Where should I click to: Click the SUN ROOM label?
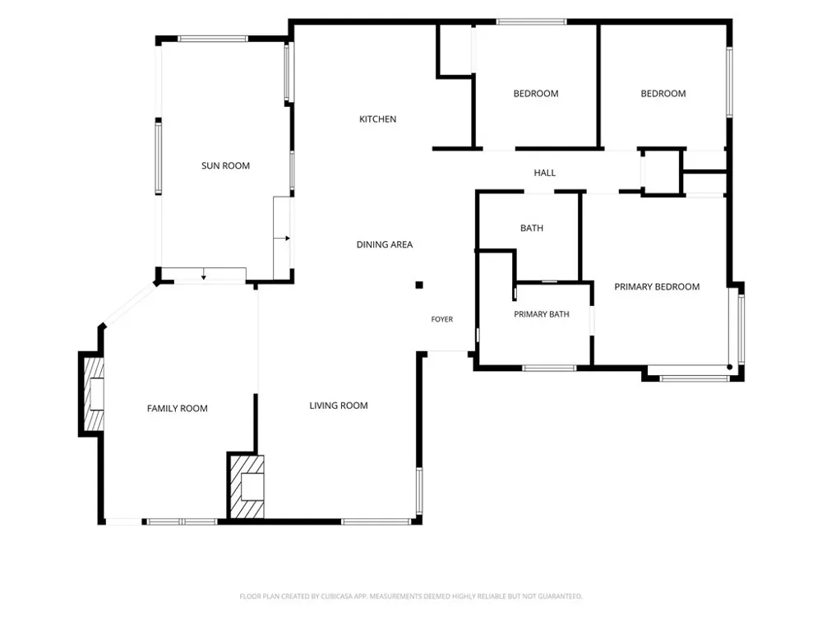225,166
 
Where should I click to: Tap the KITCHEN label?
377,119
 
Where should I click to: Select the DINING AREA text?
384,244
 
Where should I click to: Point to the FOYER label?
442,319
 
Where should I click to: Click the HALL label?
545,173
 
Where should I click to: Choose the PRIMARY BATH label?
542,314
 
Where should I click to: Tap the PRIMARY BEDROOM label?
657,287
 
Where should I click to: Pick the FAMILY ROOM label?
178,409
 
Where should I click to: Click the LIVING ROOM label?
339,406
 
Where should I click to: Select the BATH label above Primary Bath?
532,228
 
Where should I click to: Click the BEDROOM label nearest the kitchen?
536,94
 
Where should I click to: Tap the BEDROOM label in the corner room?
663,94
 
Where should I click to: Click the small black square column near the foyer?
419,285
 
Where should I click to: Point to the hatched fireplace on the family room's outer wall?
95,393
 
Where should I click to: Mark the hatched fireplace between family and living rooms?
247,486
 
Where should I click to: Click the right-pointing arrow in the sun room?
282,239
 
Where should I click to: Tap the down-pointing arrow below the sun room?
204,274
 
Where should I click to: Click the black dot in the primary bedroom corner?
730,367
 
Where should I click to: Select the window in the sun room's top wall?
213,39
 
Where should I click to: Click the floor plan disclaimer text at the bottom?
411,596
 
